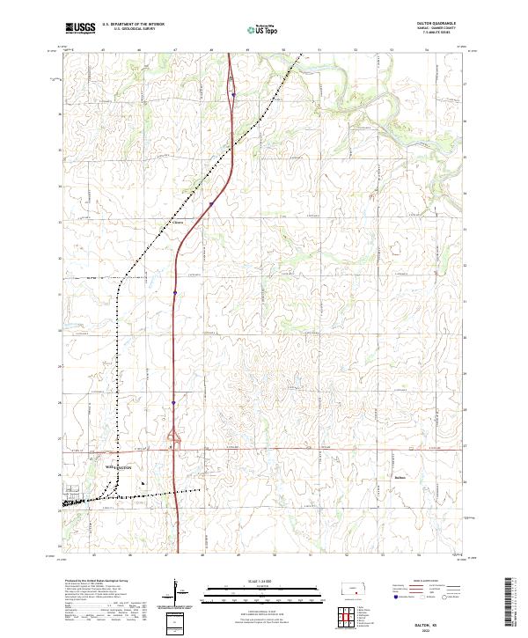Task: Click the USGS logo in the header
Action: pyautogui.click(x=81, y=28)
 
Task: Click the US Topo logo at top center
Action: pyautogui.click(x=265, y=29)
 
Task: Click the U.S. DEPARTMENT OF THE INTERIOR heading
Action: pyautogui.click(x=133, y=25)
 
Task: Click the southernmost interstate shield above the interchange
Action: pyautogui.click(x=173, y=404)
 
